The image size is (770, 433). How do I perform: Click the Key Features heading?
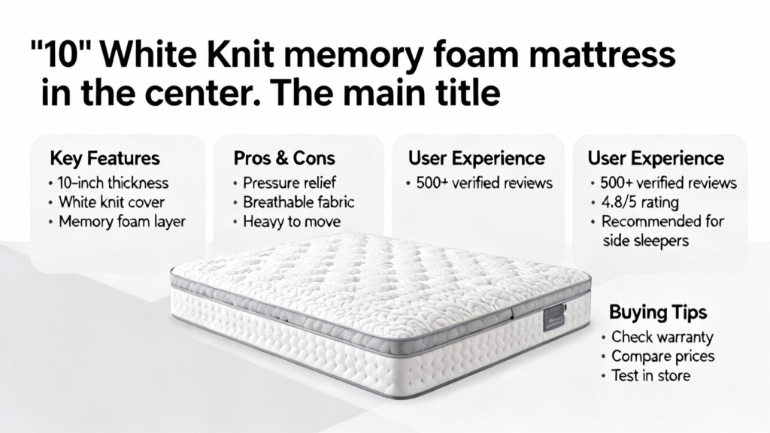point(105,159)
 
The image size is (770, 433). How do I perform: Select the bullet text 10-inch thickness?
point(113,183)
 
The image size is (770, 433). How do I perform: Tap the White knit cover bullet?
point(111,202)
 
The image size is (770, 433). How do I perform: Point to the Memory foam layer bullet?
point(122,222)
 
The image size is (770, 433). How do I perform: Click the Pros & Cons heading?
point(284,159)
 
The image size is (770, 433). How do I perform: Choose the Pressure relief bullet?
point(290,183)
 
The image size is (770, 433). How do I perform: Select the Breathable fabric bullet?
point(299,202)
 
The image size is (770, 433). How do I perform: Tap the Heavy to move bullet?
point(292,222)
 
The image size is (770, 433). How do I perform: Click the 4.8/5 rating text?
point(640,202)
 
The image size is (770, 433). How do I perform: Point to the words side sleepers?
point(645,241)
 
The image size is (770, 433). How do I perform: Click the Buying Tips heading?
point(658,313)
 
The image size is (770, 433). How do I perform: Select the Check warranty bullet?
point(662,338)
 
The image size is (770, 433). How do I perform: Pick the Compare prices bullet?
point(663,356)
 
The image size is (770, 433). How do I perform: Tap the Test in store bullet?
point(650,376)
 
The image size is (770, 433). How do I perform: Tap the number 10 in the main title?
point(62,55)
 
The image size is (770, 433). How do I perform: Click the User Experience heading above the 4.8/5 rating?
point(656,159)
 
